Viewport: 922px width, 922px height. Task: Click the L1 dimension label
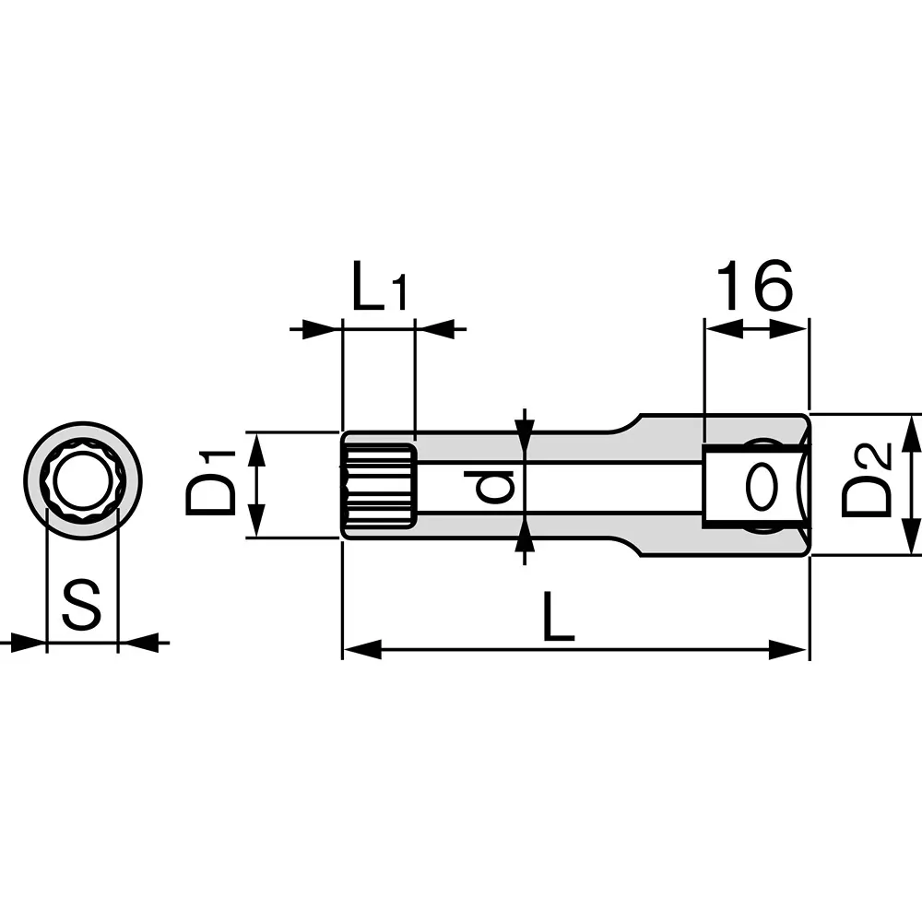point(378,290)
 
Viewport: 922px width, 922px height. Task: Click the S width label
point(82,606)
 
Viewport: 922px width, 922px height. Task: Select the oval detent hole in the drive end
point(759,487)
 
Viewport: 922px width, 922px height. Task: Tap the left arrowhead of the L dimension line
point(361,649)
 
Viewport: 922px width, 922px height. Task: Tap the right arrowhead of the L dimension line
point(789,649)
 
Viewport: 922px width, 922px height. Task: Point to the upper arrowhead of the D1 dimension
point(258,449)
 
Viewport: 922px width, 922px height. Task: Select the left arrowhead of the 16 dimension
point(724,328)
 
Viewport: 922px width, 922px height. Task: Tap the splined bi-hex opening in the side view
point(379,485)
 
